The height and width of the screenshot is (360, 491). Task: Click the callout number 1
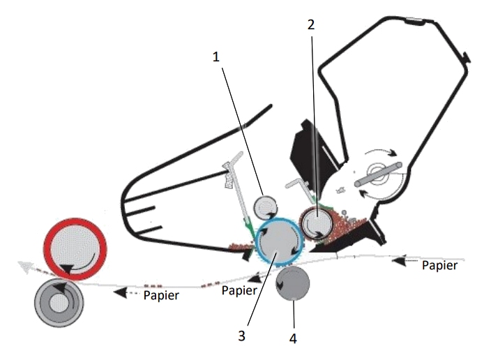click(x=216, y=57)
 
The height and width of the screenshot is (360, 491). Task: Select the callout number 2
click(x=310, y=24)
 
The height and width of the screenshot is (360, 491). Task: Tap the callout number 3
click(x=241, y=336)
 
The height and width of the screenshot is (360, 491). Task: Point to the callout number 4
click(x=293, y=338)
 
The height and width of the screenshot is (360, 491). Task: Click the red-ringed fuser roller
click(x=75, y=249)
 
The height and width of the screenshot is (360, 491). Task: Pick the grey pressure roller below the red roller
click(x=59, y=303)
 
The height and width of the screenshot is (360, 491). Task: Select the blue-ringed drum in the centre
click(x=280, y=241)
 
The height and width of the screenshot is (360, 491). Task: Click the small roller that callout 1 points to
click(x=265, y=207)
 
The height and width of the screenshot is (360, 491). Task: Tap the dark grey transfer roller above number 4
click(x=292, y=283)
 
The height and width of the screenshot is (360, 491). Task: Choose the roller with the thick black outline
click(x=317, y=224)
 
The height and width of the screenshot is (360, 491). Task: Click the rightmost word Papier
click(x=439, y=266)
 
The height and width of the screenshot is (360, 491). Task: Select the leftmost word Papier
click(x=161, y=295)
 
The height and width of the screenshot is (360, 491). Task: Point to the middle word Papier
click(x=239, y=290)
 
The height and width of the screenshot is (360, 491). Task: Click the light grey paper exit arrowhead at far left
click(x=25, y=267)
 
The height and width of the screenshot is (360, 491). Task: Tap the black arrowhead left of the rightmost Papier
click(x=399, y=260)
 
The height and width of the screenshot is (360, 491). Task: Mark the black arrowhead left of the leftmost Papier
click(x=120, y=293)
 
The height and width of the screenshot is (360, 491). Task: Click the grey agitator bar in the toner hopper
click(x=378, y=174)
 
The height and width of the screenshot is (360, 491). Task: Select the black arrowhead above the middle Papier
click(x=256, y=278)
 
